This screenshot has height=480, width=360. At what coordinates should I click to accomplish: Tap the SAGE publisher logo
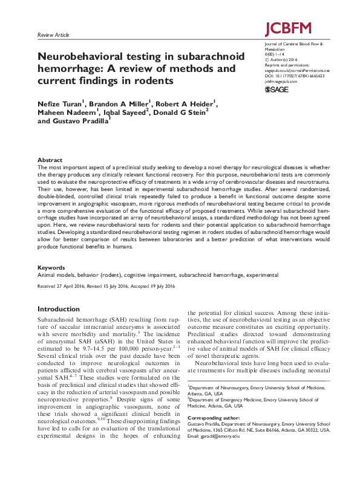click(278, 90)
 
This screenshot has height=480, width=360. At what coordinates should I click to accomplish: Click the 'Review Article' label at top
click(54, 36)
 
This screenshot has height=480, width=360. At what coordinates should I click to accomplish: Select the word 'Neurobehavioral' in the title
click(82, 56)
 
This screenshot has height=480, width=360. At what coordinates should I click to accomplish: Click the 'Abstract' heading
click(50, 160)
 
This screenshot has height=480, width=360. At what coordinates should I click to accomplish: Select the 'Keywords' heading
click(51, 267)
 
